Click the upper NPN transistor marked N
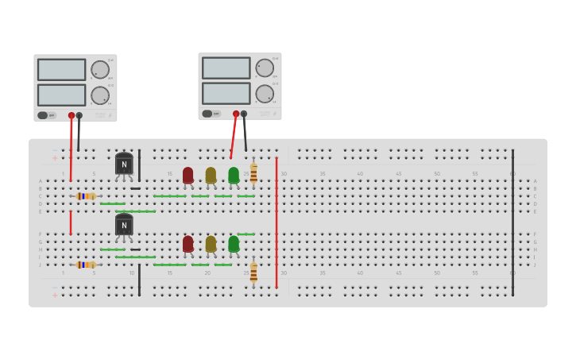click(124, 164)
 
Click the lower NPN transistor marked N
click(124, 225)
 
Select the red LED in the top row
click(187, 175)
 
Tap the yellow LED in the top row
click(211, 175)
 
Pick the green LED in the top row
click(234, 175)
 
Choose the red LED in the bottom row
click(187, 243)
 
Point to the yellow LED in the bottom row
click(211, 243)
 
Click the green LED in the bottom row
click(234, 243)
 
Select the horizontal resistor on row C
click(86, 196)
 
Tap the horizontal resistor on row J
click(86, 265)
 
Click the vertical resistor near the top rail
click(253, 173)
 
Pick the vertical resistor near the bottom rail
click(253, 273)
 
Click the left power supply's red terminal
click(72, 115)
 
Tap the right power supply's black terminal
click(244, 114)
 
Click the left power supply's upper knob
click(100, 70)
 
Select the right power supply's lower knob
click(265, 94)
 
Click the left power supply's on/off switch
click(43, 115)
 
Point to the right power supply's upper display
click(226, 68)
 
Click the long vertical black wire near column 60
click(512, 223)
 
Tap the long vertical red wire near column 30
click(276, 223)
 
